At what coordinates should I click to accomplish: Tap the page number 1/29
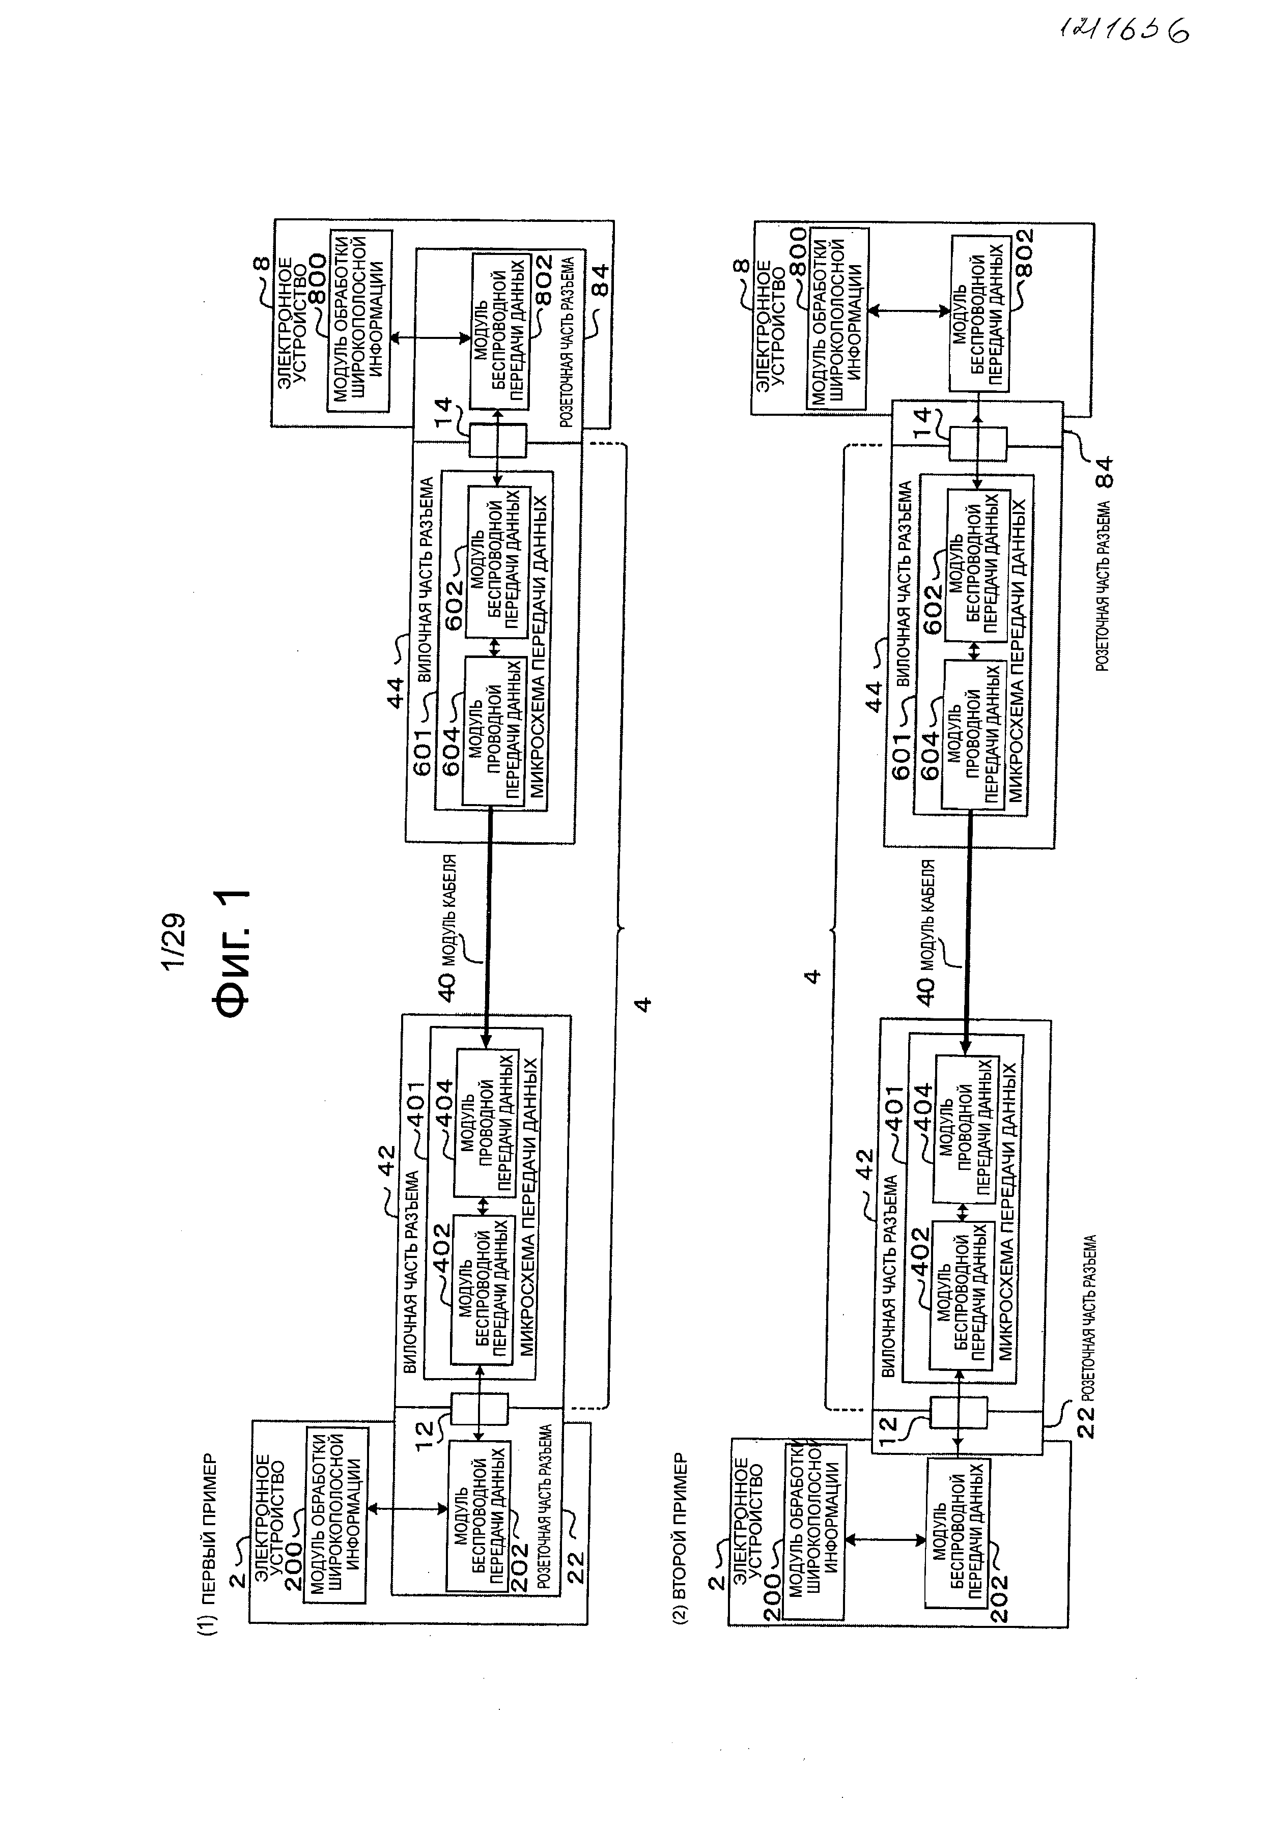click(x=173, y=941)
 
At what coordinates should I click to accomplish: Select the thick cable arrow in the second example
click(x=968, y=931)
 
